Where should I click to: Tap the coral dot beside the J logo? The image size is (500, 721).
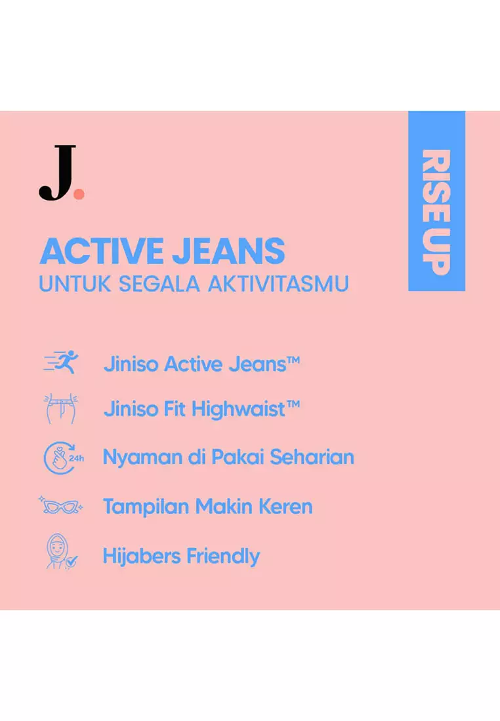click(79, 193)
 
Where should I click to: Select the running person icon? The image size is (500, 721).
click(61, 362)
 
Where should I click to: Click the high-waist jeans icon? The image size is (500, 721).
click(60, 408)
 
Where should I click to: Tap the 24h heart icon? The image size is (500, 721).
click(62, 458)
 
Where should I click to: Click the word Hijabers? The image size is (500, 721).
click(141, 556)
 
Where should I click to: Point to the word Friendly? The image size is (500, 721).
click(224, 556)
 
